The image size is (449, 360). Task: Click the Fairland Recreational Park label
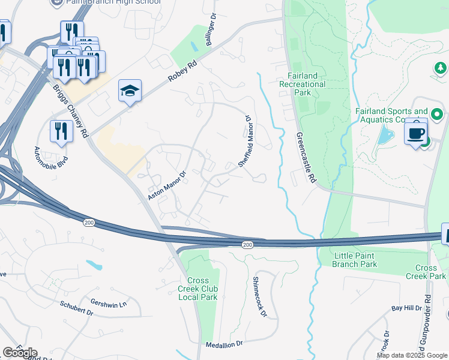303,84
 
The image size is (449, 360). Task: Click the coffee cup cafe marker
415,132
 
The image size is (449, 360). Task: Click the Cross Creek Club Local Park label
202,289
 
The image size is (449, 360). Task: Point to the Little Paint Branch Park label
355,260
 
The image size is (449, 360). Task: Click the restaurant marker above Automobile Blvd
61,131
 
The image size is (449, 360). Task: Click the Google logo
20,353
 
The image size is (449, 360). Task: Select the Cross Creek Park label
430,272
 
